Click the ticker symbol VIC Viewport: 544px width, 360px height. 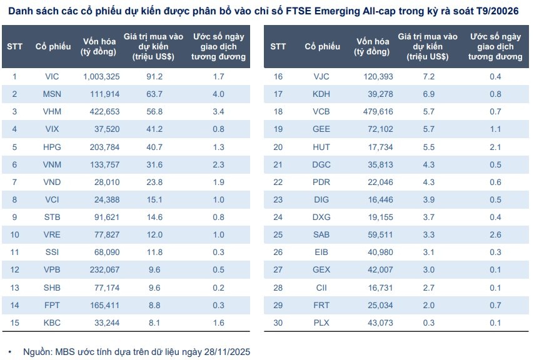point(52,76)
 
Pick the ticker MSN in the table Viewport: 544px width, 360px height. point(52,94)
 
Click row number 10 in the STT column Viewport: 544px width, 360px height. point(15,234)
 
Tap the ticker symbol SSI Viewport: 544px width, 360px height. point(52,252)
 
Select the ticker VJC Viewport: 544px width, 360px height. point(321,76)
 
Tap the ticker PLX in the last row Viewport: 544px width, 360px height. point(321,322)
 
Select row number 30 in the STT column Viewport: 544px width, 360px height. point(279,322)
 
